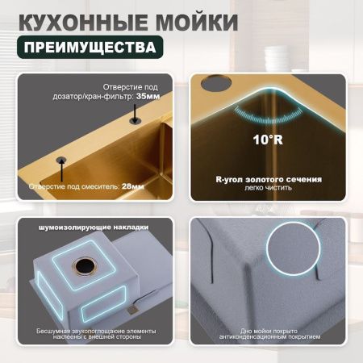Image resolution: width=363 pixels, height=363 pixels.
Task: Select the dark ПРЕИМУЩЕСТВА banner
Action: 89,46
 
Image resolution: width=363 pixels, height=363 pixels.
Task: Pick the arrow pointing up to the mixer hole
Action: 60,172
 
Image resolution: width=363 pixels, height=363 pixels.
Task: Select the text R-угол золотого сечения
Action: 269,179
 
